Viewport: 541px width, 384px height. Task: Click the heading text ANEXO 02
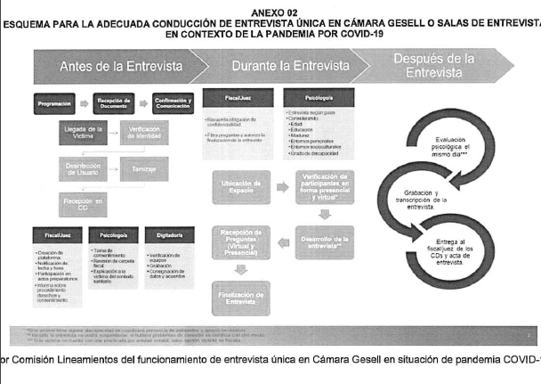[270, 12]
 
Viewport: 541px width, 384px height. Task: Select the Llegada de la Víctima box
[84, 132]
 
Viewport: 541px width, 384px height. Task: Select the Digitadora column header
[170, 235]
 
